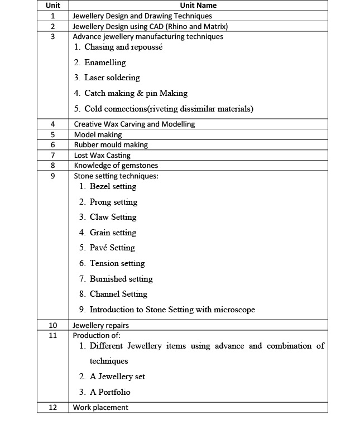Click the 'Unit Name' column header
tap(198, 6)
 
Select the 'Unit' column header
tap(52, 6)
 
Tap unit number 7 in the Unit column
tap(52, 155)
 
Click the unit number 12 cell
tap(52, 407)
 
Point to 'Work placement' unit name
tap(101, 407)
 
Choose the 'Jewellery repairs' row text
tap(101, 325)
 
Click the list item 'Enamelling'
tap(105, 62)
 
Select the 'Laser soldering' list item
tap(112, 78)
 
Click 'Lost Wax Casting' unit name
tap(102, 155)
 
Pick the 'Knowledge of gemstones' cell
tap(116, 165)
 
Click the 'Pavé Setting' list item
tap(112, 248)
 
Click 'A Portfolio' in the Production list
tap(110, 392)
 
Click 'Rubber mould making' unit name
tap(111, 144)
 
